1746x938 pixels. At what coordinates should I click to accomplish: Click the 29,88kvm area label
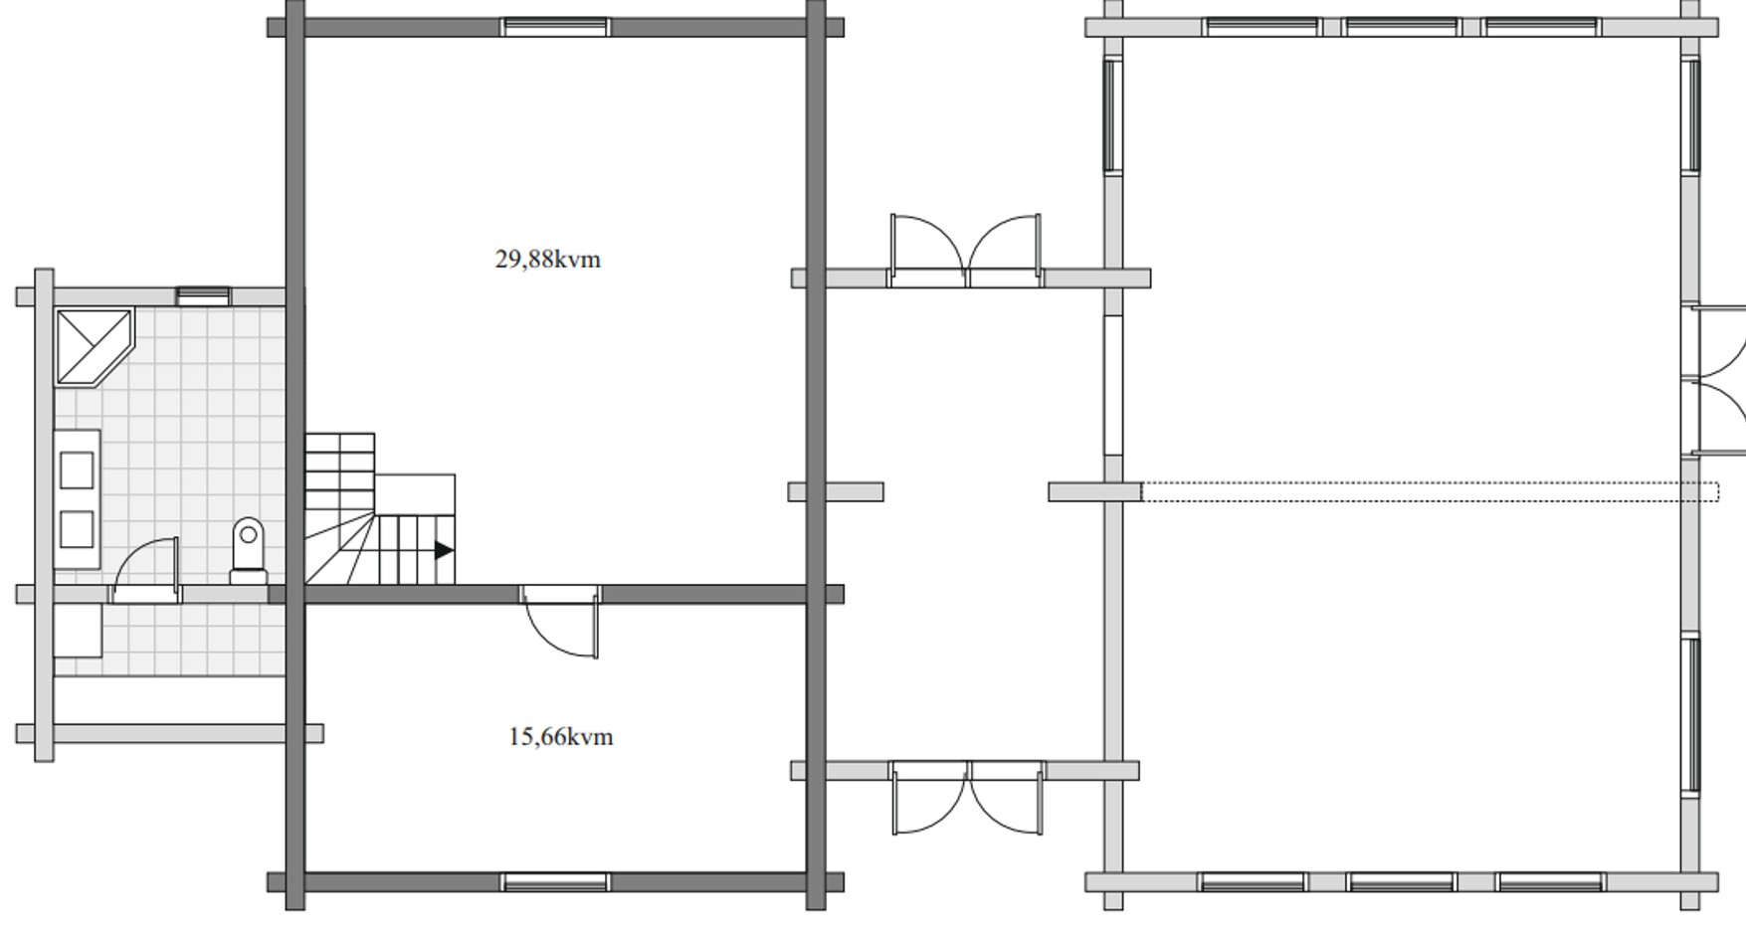[547, 260]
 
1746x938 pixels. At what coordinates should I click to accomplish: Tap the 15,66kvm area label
[560, 737]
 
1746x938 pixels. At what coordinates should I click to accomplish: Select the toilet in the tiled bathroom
[249, 550]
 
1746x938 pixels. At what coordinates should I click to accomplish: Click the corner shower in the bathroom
[94, 347]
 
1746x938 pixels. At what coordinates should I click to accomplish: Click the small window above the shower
[203, 295]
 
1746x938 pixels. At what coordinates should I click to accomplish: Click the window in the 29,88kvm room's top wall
[555, 27]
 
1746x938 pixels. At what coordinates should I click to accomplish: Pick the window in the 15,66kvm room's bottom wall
[555, 882]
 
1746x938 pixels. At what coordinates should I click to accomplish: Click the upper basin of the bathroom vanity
[77, 469]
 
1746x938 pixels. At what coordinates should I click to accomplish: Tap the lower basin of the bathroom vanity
[77, 529]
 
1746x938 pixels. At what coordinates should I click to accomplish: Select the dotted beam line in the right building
[1430, 491]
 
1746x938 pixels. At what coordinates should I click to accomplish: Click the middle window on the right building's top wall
[1402, 27]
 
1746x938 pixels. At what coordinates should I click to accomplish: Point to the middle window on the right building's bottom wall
[1402, 882]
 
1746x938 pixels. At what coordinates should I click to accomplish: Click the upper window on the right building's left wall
[1113, 115]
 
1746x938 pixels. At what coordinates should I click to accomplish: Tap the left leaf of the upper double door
[927, 249]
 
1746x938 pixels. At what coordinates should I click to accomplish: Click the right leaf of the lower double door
[1007, 798]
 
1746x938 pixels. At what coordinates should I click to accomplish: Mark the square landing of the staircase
[415, 494]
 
